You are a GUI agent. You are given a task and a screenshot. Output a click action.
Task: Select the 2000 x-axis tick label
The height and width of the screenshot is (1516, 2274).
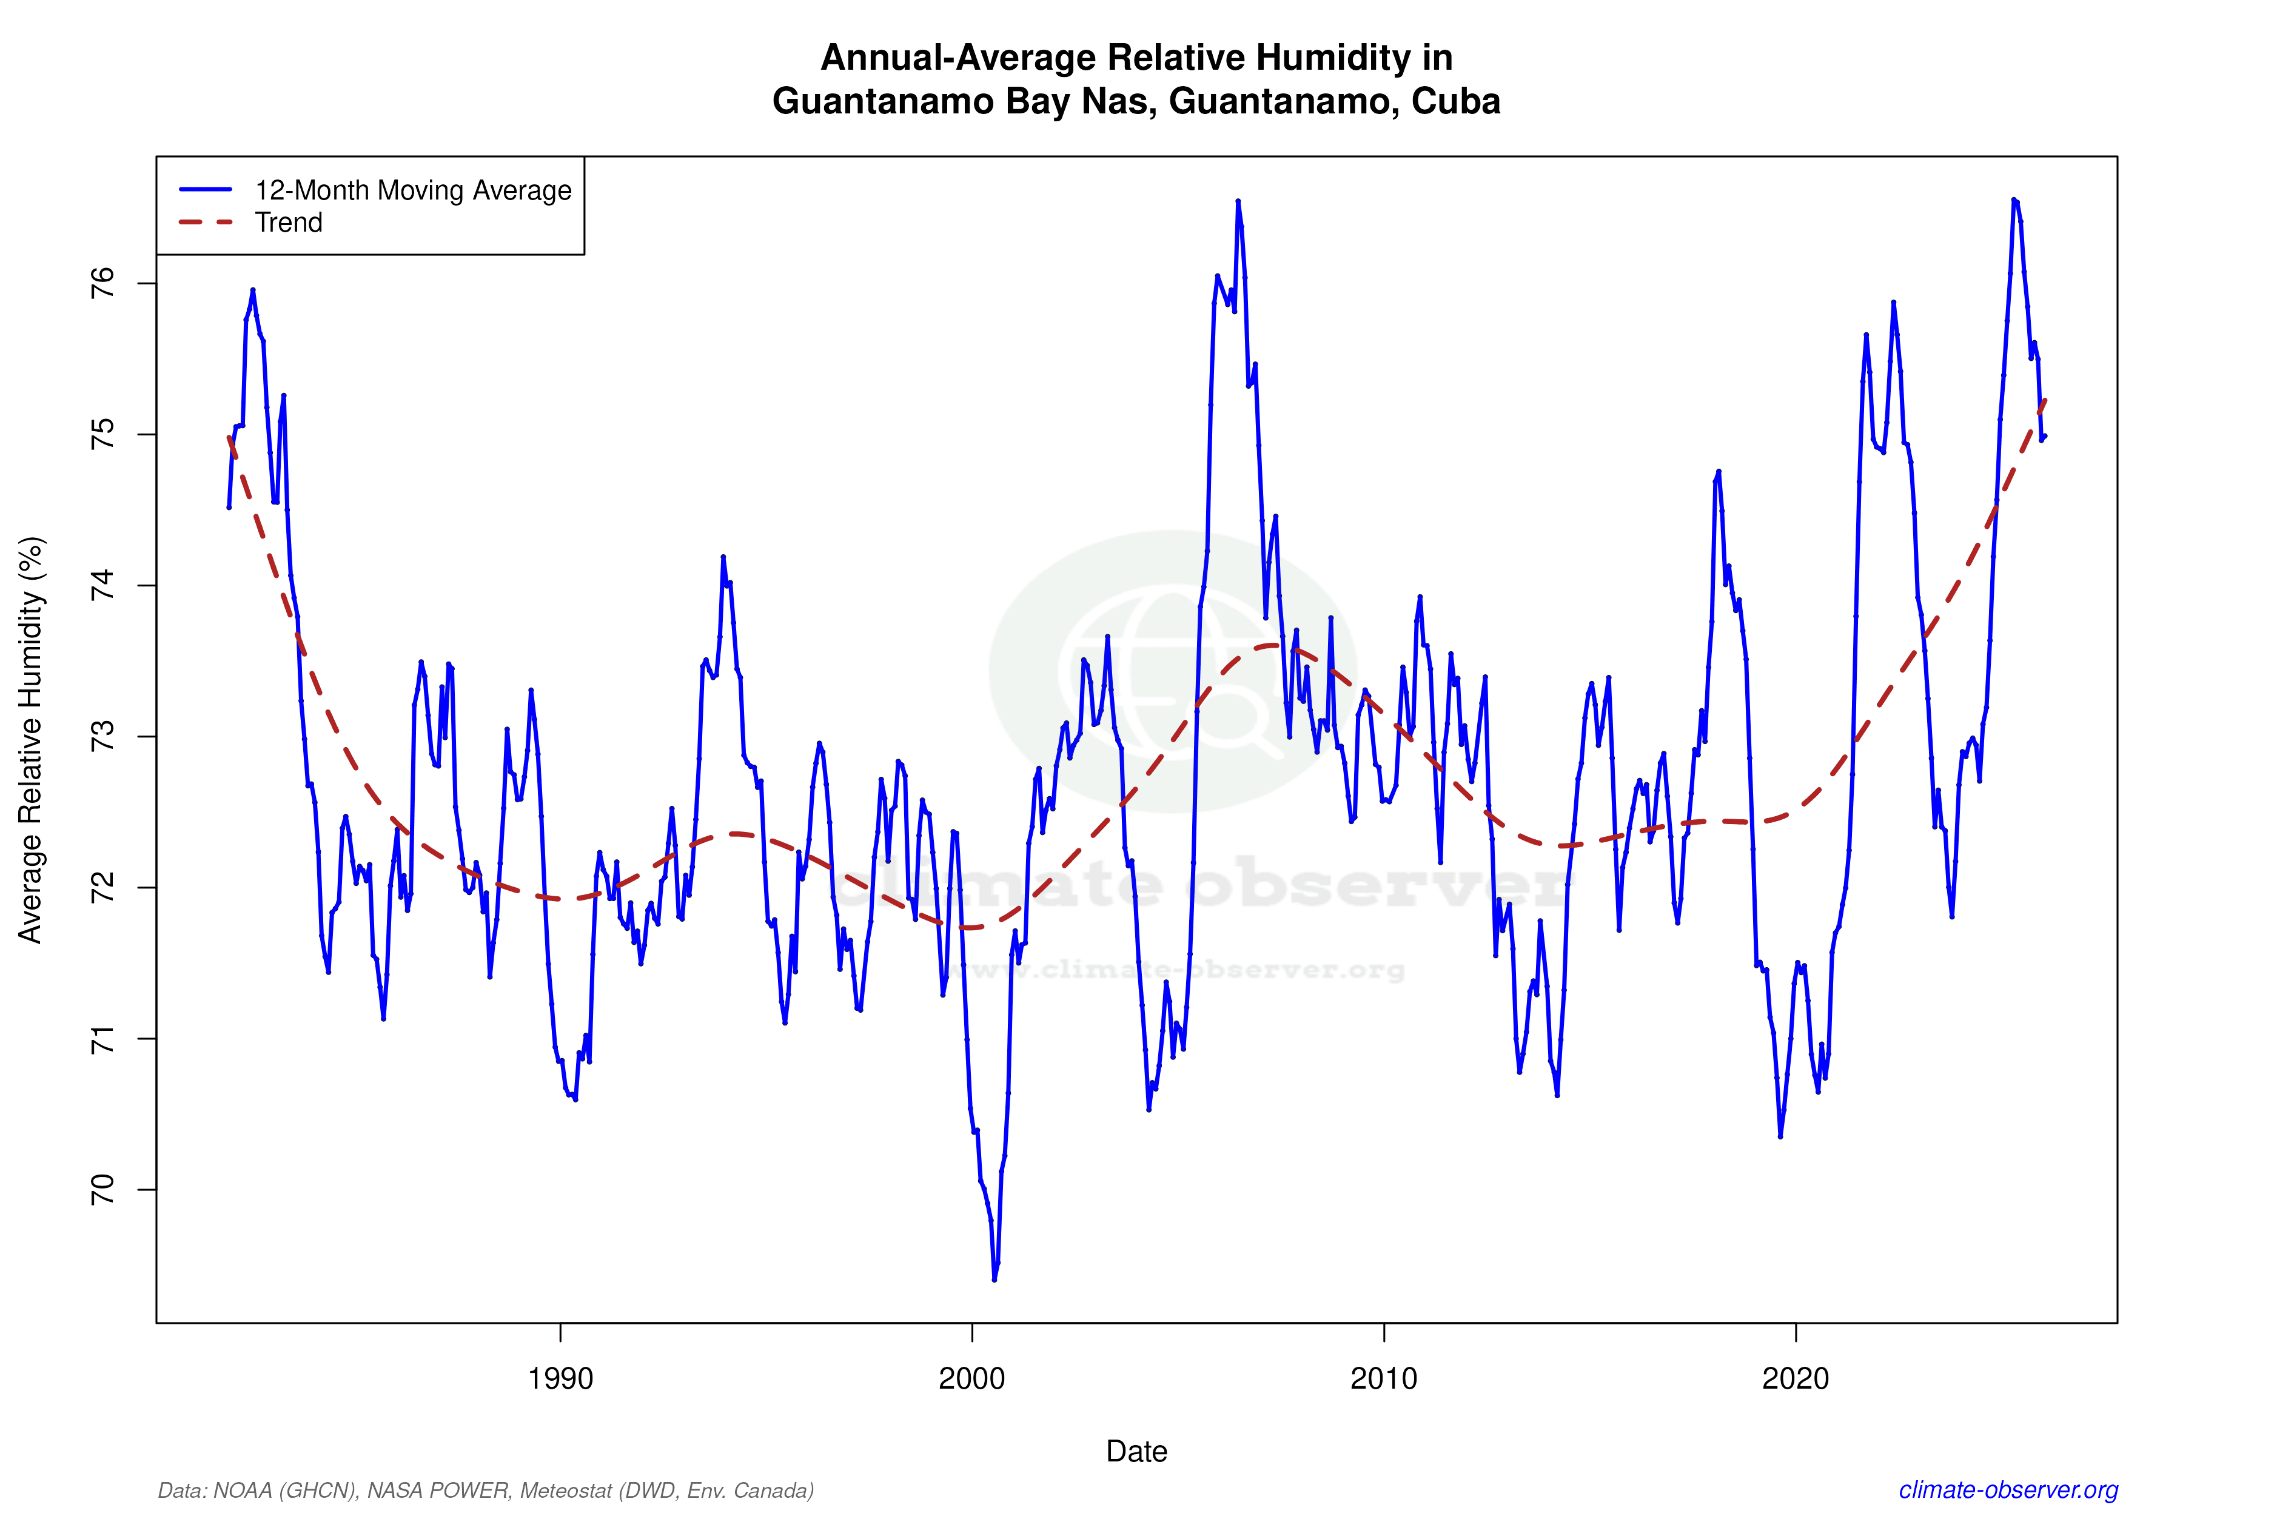coord(971,1379)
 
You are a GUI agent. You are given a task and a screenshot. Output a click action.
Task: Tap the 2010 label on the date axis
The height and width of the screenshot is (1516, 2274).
coord(1384,1379)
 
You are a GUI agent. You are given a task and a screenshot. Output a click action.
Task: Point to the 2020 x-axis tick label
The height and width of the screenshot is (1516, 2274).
coord(1796,1379)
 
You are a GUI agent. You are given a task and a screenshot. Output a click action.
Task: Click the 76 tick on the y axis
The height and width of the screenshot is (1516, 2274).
coord(101,283)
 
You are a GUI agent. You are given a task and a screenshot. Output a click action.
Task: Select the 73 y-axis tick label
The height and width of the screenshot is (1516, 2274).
coord(101,737)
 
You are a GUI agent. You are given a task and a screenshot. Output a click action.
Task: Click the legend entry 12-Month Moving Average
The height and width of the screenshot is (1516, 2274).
coord(413,190)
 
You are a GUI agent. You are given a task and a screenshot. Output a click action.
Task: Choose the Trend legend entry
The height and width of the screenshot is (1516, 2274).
coord(288,223)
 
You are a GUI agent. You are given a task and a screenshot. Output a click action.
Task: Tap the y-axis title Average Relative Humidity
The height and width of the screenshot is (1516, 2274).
coord(31,740)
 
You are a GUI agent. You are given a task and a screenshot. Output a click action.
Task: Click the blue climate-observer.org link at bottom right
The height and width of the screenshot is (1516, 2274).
coord(2008,1490)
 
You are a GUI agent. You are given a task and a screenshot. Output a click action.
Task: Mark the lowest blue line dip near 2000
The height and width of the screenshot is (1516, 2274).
coord(994,1279)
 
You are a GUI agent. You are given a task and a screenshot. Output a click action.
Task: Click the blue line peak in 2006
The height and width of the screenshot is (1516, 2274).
coord(1238,201)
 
